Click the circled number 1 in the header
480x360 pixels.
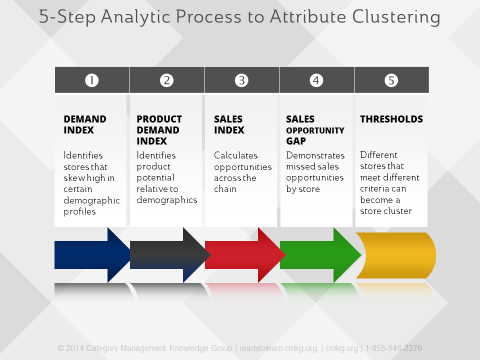click(x=91, y=81)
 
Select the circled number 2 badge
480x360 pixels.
click(x=166, y=81)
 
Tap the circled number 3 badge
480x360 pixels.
click(x=241, y=81)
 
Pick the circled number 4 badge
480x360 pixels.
click(x=316, y=81)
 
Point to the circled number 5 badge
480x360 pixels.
click(x=392, y=81)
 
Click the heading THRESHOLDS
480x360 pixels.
click(x=391, y=119)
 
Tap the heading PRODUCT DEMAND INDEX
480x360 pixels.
click(x=159, y=129)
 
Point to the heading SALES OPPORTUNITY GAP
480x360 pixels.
click(x=307, y=129)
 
